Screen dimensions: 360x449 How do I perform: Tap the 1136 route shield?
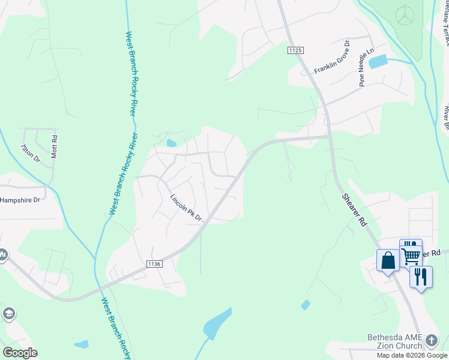[x=154, y=263]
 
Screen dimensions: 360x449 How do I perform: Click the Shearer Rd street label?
[x=354, y=209]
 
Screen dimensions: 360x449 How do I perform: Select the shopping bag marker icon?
[x=388, y=261]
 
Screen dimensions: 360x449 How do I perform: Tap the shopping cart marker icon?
[x=411, y=255]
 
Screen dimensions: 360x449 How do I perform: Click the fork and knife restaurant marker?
[x=421, y=278]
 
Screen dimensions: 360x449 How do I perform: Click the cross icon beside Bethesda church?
[x=431, y=341]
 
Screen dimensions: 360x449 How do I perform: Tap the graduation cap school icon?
[x=8, y=313]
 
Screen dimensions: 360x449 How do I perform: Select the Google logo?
[x=20, y=353]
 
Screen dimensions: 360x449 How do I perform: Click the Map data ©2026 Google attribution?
[x=412, y=355]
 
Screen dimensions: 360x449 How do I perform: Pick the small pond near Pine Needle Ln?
[x=378, y=61]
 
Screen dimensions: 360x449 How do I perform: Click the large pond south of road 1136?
[x=218, y=323]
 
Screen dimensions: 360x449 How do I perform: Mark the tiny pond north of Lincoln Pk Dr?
[x=172, y=143]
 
